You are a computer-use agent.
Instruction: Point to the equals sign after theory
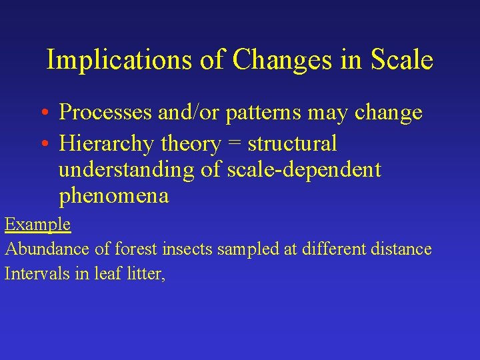pos(232,144)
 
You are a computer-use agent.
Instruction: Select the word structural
pos(293,143)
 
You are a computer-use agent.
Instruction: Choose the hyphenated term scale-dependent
pos(304,170)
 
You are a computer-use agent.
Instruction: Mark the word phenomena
pos(114,197)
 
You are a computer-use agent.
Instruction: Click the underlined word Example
pos(37,225)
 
